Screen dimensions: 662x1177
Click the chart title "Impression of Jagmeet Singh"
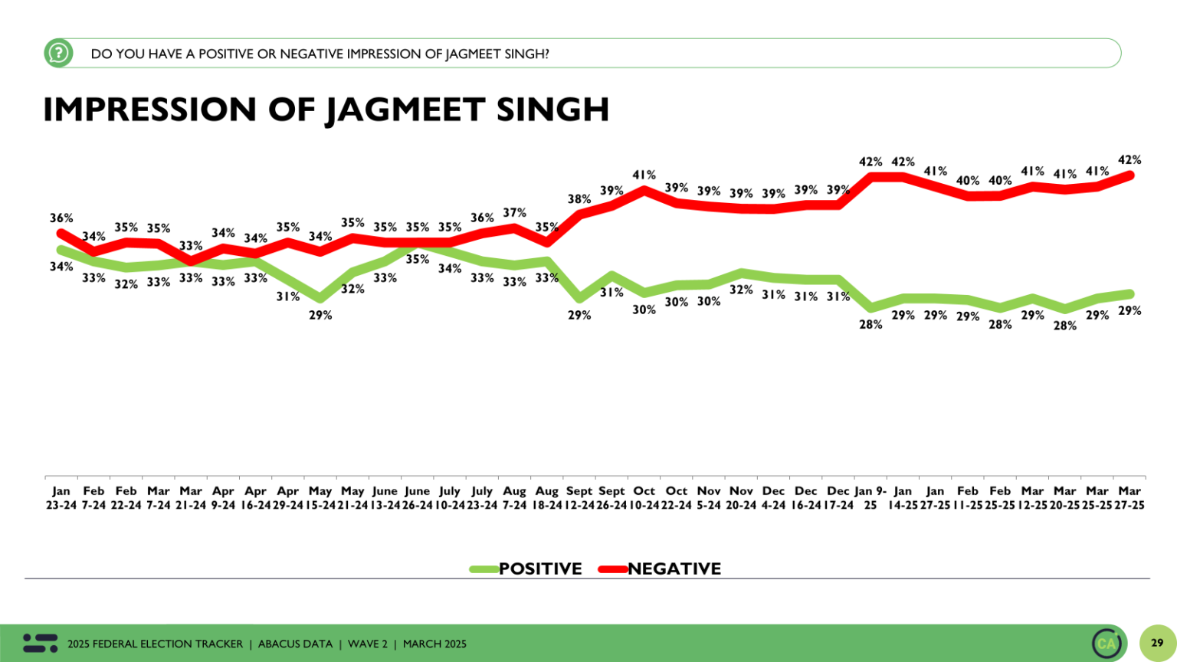pyautogui.click(x=326, y=110)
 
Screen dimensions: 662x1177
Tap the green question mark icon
pyautogui.click(x=58, y=54)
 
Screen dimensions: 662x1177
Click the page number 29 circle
pyautogui.click(x=1157, y=643)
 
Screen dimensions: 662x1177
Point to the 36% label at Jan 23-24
pyautogui.click(x=61, y=218)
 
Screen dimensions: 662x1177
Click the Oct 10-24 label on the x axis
pyautogui.click(x=644, y=498)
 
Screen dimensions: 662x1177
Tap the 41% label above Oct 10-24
pyautogui.click(x=644, y=175)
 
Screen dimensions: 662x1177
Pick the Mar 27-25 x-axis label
pyautogui.click(x=1129, y=498)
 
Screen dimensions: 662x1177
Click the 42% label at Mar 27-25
pyautogui.click(x=1129, y=160)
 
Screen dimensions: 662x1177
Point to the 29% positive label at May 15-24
pyautogui.click(x=320, y=315)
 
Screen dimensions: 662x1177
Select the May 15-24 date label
pyautogui.click(x=320, y=498)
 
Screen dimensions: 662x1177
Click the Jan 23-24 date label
pyautogui.click(x=61, y=498)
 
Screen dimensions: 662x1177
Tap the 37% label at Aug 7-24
pyautogui.click(x=514, y=213)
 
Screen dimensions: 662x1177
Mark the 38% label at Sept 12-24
pyautogui.click(x=579, y=199)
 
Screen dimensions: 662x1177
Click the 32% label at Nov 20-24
pyautogui.click(x=741, y=290)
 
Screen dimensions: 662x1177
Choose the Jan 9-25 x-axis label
pyautogui.click(x=870, y=498)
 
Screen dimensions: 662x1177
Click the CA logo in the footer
pyautogui.click(x=1107, y=643)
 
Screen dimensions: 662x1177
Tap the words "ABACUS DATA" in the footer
pyautogui.click(x=295, y=644)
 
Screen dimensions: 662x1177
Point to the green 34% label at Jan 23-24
pyautogui.click(x=61, y=267)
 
